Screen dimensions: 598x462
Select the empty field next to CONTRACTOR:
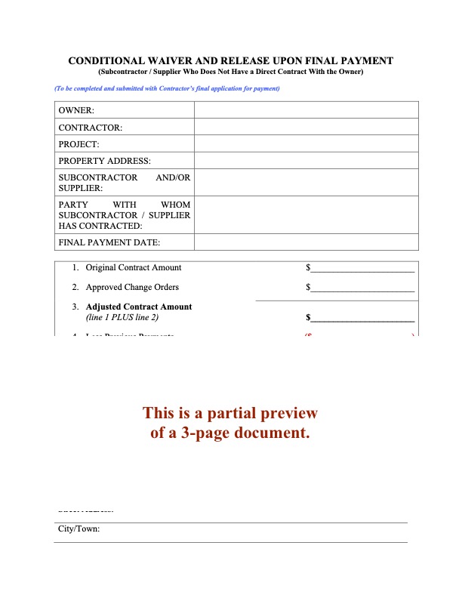pos(306,127)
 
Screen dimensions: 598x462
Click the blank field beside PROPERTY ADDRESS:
pos(306,160)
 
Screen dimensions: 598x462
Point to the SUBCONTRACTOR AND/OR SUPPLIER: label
pos(124,183)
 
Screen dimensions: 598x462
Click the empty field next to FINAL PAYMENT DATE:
pos(306,242)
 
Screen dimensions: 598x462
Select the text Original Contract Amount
pos(134,267)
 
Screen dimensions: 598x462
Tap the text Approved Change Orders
pos(132,287)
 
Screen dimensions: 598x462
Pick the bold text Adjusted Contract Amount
pos(139,307)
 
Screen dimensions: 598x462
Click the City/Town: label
pos(79,529)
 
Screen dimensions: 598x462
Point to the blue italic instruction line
pos(167,89)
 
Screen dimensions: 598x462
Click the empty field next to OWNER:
pos(306,110)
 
